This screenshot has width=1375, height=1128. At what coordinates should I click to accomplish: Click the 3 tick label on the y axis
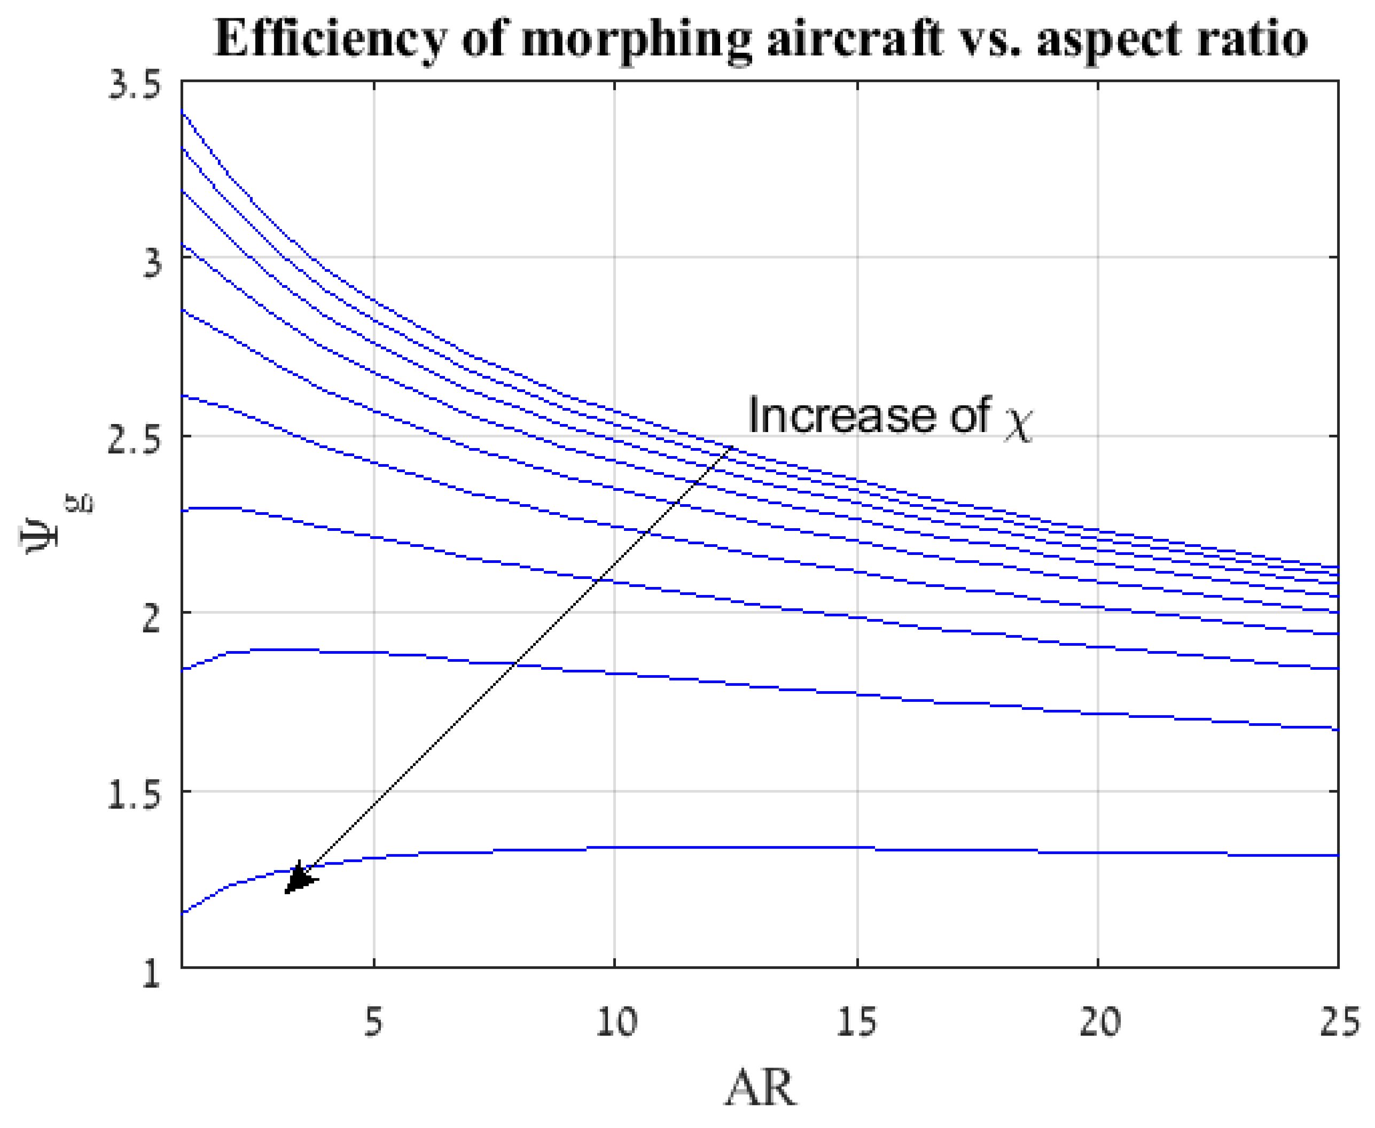151,263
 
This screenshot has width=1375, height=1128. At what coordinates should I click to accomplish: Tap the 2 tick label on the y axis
151,619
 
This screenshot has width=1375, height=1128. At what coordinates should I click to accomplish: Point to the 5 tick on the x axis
373,1021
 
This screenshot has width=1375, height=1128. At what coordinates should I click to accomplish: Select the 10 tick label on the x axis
616,1021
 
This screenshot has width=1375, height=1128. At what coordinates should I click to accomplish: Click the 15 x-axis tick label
857,1021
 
